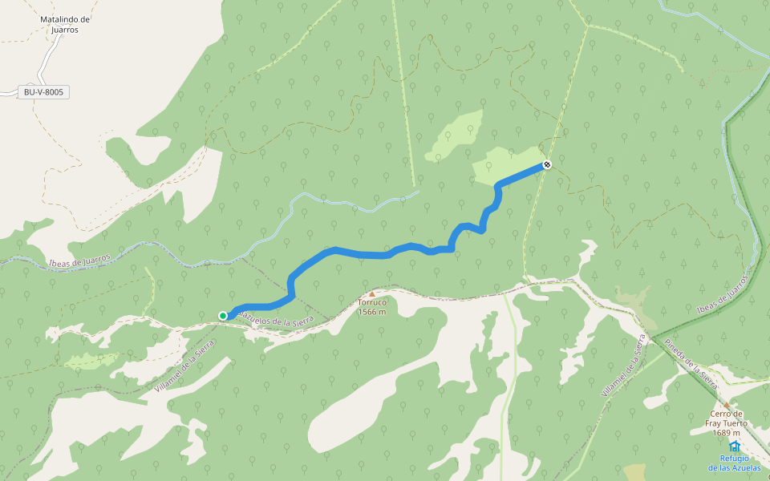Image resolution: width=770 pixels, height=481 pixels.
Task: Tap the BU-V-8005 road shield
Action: point(43,92)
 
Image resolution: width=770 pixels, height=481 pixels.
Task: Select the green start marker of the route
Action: point(223,316)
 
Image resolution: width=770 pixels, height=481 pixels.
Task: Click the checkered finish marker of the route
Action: point(547,164)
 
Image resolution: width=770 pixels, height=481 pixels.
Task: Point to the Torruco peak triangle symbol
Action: point(371,294)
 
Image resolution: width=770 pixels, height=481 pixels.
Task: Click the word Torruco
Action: point(372,303)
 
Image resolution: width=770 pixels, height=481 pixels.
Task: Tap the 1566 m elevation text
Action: point(372,312)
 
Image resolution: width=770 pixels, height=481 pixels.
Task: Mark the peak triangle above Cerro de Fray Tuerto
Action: point(727,405)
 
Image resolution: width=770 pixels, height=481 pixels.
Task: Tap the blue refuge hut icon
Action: point(735,447)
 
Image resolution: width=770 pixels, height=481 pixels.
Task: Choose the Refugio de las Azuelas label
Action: point(735,463)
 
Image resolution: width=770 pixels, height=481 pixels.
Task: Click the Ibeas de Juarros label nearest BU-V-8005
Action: point(78,261)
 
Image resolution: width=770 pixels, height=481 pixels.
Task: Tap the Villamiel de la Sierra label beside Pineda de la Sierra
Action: point(623,366)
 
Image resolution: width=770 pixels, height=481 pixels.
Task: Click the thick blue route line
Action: point(361,254)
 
